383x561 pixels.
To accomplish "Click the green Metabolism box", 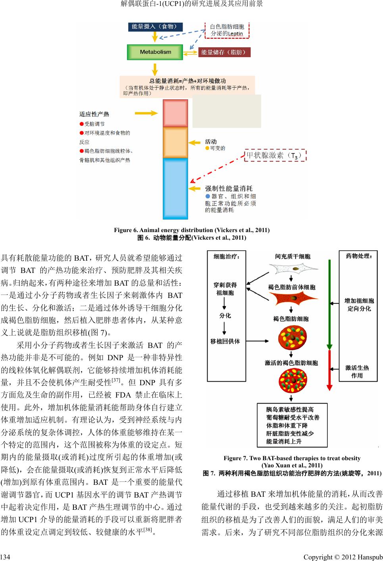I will pos(155,52).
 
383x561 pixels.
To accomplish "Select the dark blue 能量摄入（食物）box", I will pos(154,27).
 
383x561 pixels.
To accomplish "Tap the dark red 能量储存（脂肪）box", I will pos(224,52).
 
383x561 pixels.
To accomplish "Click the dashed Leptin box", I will pos(227,30).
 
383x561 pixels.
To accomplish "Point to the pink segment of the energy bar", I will pos(175,113).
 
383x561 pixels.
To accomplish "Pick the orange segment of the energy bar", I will pos(175,142).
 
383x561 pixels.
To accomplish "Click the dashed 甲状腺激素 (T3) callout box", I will pos(275,155).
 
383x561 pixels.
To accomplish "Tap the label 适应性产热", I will pos(94,114).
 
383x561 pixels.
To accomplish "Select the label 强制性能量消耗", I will pos(229,188).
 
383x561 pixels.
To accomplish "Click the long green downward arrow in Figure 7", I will pos(329,302).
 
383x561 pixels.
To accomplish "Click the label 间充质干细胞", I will pos(293,257).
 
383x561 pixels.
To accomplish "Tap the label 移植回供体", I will pos(225,341).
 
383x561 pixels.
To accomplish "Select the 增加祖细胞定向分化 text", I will pos(359,304).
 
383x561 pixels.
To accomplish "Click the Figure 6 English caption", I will pos(192,230).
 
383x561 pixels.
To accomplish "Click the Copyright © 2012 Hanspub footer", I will pos(343,557).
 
